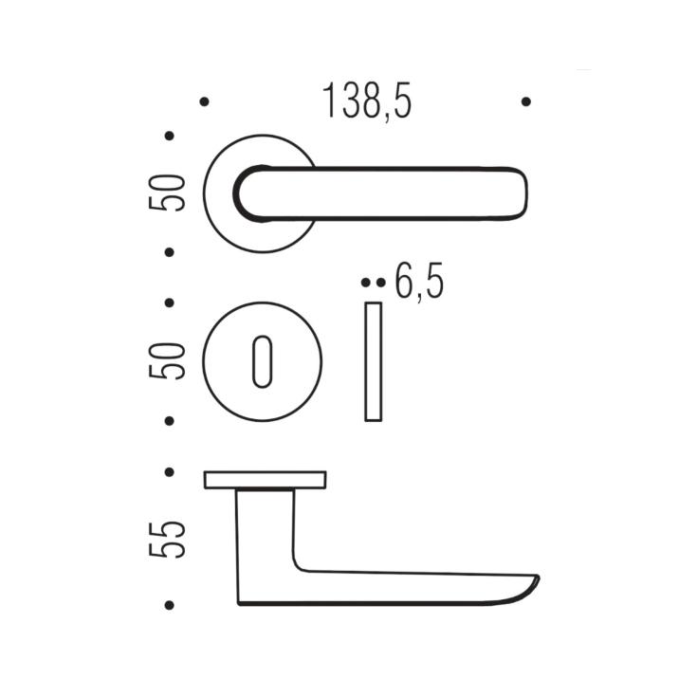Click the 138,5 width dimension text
tap(367, 101)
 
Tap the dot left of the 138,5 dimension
tap(204, 101)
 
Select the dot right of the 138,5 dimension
tap(526, 101)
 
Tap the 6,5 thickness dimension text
tap(418, 283)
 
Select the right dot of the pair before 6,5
tap(380, 283)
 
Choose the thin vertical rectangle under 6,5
tap(374, 361)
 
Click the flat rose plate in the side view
tap(265, 480)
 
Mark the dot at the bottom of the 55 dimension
tap(170, 604)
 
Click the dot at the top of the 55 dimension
tap(170, 471)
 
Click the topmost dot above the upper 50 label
tap(170, 136)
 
